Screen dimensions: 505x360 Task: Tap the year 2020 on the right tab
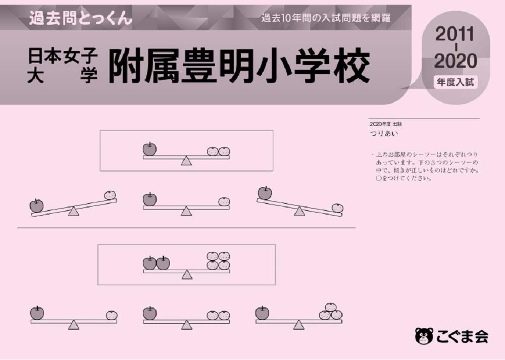[x=456, y=61]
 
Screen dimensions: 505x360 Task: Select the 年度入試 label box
[x=456, y=82]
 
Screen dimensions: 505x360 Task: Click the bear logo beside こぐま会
[x=423, y=335]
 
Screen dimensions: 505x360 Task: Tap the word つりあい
[x=384, y=133]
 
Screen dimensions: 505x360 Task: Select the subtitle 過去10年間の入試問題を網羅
[x=326, y=19]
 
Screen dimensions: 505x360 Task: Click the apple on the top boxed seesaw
[x=149, y=149]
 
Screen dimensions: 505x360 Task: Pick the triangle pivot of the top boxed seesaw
[x=186, y=161]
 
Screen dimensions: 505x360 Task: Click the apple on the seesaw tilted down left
[x=36, y=205]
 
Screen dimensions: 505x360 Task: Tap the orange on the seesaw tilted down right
[x=337, y=208]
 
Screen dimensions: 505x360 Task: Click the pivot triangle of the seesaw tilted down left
[x=74, y=211]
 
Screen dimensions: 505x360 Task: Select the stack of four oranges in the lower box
[x=218, y=261]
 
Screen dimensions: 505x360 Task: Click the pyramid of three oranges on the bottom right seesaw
[x=331, y=312]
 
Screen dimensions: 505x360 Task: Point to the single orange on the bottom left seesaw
[x=112, y=315]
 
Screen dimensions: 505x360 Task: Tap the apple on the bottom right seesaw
[x=262, y=313]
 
